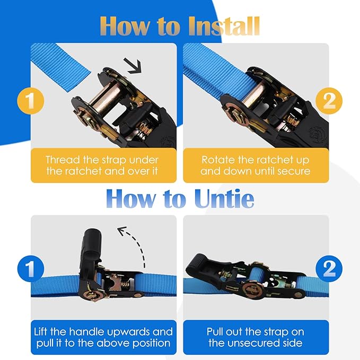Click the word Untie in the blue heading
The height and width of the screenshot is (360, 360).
coord(224,198)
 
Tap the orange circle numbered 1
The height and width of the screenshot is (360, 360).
coord(31,101)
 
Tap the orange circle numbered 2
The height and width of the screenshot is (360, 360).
coord(329,101)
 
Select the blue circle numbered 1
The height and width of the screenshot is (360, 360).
coord(31,268)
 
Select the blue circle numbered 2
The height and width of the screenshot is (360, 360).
coord(329,268)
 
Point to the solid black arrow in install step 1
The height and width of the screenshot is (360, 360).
coord(133,66)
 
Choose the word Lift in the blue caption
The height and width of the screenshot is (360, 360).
coord(41,332)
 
